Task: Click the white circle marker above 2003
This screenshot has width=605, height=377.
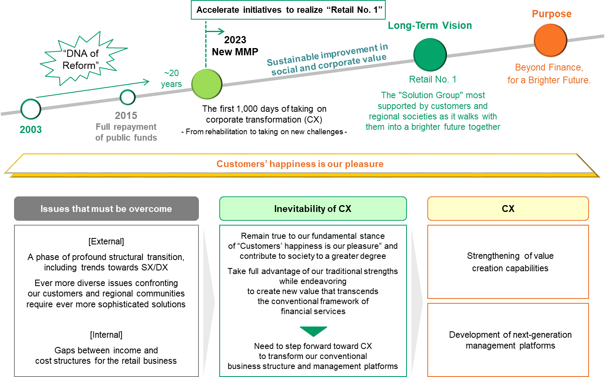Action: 31,109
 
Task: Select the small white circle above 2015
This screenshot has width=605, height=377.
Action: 128,97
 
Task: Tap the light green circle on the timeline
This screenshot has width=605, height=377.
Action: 206,84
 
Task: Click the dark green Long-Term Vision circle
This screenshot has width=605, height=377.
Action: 430,55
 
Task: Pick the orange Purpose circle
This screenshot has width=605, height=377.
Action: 550,40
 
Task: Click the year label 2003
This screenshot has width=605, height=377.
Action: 31,129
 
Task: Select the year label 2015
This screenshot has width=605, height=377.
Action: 126,115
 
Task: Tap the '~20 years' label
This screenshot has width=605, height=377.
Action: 171,79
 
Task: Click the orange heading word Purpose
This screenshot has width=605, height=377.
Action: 551,14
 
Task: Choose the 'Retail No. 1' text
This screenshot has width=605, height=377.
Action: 432,79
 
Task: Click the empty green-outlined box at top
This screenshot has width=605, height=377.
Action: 288,10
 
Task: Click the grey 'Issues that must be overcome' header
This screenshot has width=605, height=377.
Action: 106,209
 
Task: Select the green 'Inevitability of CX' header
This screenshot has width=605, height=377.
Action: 313,209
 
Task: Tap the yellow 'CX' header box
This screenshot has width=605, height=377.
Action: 508,209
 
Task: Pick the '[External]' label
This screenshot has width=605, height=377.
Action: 106,242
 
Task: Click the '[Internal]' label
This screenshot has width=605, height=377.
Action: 106,335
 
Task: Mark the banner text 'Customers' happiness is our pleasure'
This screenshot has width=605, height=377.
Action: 300,164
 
